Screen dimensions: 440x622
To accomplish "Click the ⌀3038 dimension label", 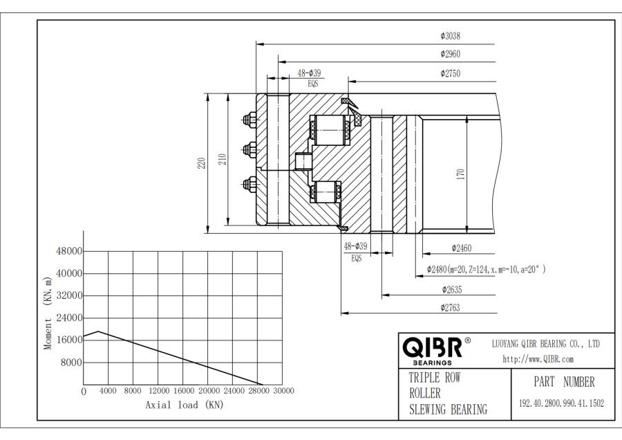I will coord(450,36).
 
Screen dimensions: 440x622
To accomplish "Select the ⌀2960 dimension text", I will coord(450,54).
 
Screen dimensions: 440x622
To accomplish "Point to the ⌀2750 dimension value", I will coord(450,73).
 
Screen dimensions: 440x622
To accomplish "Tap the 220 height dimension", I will coord(201,163).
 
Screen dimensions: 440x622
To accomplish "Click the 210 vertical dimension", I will coord(223,160).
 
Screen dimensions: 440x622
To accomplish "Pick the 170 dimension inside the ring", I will coord(461,174).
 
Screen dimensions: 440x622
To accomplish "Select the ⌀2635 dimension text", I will coord(453,289).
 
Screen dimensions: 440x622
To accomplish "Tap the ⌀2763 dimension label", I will coord(450,308).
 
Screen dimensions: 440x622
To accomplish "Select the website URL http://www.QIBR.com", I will coord(538,359).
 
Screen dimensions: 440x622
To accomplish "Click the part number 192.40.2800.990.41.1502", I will coord(561,403).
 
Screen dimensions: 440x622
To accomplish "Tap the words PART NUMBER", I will coord(563,382).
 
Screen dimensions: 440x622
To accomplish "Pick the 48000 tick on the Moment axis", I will coord(69,251).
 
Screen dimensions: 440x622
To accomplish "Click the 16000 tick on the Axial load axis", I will coord(183,391).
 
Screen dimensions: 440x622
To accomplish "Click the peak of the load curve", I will coord(98,331).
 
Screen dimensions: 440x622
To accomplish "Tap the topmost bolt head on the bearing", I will coord(247,120).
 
